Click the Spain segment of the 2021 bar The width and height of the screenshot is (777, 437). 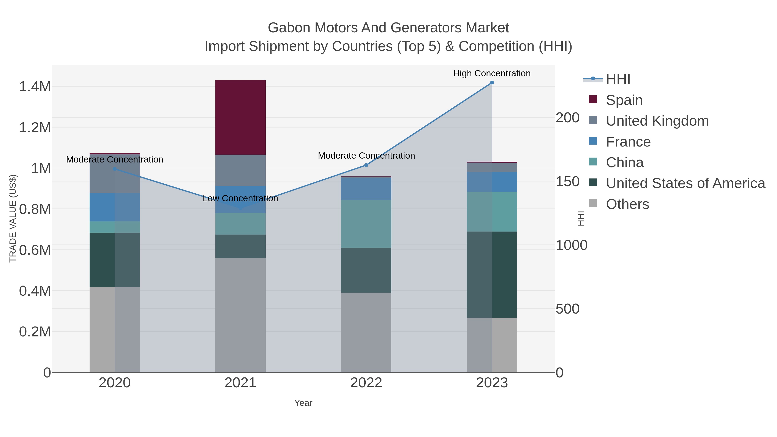click(x=240, y=117)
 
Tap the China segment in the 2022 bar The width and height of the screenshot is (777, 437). click(x=366, y=224)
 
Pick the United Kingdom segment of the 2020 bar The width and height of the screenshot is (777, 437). click(x=115, y=178)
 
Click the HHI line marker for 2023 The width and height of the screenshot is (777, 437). click(x=492, y=83)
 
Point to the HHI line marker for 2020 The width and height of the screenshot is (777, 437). click(x=115, y=169)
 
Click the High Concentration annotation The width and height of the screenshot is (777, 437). click(x=492, y=73)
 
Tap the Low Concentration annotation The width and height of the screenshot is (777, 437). click(x=240, y=199)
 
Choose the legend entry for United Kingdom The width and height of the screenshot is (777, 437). click(x=657, y=121)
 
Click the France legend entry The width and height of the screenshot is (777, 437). click(x=628, y=142)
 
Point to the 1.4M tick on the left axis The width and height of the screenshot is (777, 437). click(x=35, y=87)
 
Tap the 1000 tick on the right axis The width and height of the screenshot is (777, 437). click(x=571, y=245)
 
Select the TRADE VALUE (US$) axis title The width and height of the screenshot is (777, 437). click(x=13, y=218)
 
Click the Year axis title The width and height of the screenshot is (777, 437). click(x=303, y=403)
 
